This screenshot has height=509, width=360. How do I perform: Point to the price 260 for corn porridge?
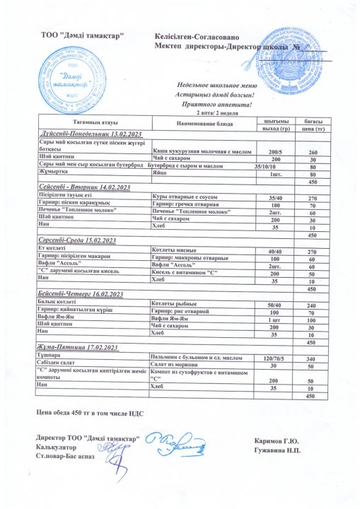click(310, 152)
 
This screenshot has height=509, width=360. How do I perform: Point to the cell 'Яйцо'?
click(160, 172)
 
